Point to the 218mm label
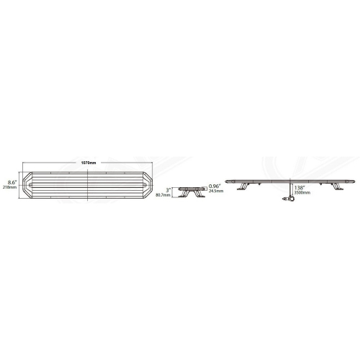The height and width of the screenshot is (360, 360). pos(11,187)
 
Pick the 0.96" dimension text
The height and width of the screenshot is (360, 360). pos(213,185)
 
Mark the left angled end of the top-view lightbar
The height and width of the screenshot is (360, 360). pos(27,185)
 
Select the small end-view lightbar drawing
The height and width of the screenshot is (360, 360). pos(189,186)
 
